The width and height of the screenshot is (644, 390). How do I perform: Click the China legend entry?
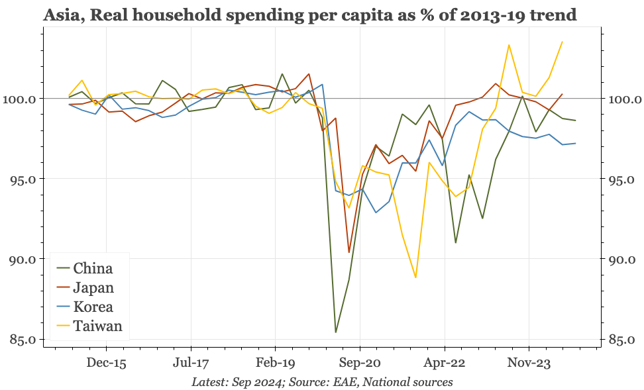[x=93, y=268]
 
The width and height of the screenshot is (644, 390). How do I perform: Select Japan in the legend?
[x=93, y=287]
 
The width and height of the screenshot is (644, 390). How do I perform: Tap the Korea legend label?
[x=93, y=307]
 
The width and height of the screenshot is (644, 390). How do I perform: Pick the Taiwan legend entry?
[x=97, y=326]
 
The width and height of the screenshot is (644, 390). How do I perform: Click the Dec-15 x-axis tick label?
[x=106, y=363]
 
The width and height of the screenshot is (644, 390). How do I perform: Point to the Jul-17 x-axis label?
[x=191, y=363]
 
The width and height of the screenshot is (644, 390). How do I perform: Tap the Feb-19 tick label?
[x=275, y=363]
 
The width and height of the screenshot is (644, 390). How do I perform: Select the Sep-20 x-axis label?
[x=360, y=363]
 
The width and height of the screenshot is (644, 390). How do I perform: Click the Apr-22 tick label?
[x=444, y=363]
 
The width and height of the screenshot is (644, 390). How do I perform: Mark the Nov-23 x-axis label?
[x=529, y=363]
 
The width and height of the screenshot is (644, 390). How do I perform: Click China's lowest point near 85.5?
[x=336, y=332]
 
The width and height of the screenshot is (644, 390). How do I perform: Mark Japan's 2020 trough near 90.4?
[x=349, y=252]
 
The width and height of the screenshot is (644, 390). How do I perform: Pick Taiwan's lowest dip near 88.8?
[x=415, y=277]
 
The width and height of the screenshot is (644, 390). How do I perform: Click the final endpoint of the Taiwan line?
[x=562, y=42]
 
